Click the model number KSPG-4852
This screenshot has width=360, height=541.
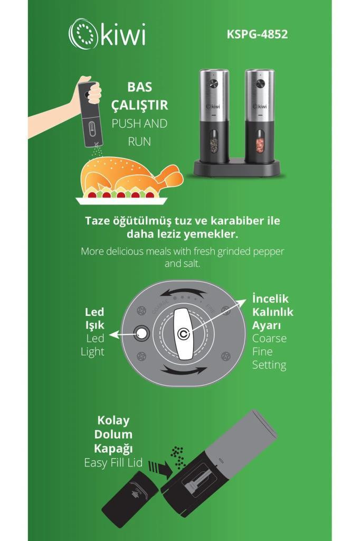click(x=257, y=34)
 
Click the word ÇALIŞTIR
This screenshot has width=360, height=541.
click(x=140, y=105)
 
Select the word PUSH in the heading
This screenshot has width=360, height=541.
click(x=126, y=124)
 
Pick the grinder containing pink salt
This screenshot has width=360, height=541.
click(x=260, y=116)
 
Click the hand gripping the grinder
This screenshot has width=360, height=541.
click(x=90, y=90)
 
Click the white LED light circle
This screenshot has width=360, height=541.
click(x=141, y=333)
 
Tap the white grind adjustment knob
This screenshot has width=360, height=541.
click(x=183, y=334)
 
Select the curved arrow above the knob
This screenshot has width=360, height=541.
click(x=183, y=293)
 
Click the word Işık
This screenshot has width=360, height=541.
click(x=94, y=325)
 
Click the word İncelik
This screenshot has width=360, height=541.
click(x=270, y=299)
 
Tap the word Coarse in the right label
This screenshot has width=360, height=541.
click(x=269, y=339)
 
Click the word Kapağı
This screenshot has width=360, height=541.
click(x=113, y=449)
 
